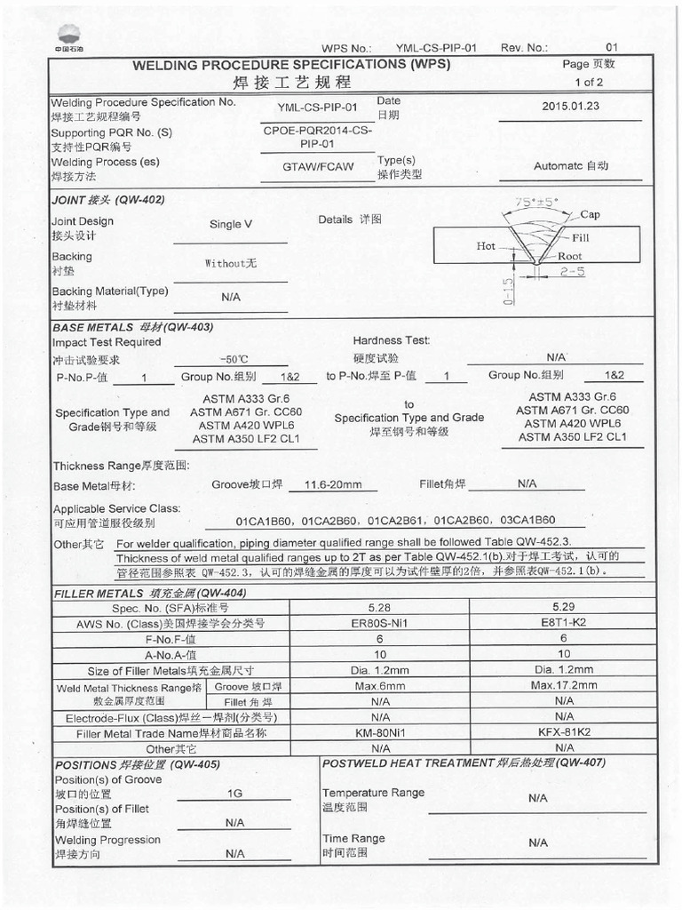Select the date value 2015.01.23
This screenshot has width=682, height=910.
570,106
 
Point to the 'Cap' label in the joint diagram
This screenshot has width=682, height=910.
591,215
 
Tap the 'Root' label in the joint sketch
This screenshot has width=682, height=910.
570,256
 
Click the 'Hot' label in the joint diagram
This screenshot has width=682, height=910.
486,246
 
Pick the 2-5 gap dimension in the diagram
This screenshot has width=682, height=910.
574,273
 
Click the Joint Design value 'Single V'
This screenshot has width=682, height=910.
231,225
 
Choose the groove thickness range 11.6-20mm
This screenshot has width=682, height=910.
333,484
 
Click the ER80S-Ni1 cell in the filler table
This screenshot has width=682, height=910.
380,623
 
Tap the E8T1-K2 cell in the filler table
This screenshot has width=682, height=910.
564,623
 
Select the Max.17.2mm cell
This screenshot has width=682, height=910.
564,685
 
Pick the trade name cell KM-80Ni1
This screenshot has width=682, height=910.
380,733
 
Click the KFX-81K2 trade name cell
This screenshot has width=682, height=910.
564,733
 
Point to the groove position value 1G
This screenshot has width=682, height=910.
235,793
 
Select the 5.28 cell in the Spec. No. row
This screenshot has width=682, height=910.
380,607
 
